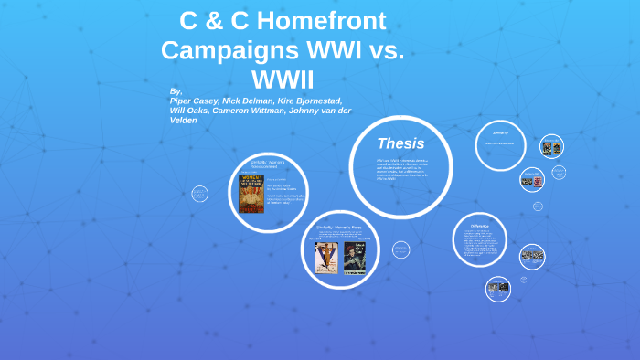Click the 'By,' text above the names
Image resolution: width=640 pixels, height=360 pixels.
[x=176, y=91]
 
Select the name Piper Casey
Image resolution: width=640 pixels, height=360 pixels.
[x=195, y=101]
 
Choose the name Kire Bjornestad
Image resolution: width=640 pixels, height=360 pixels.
[x=315, y=101]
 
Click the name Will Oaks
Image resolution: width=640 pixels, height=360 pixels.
[x=188, y=111]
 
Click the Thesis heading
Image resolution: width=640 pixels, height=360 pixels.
[x=400, y=143]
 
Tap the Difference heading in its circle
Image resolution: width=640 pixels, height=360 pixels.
[x=480, y=226]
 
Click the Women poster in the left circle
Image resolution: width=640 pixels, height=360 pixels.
[x=251, y=194]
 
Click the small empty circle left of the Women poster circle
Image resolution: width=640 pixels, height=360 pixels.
[x=199, y=194]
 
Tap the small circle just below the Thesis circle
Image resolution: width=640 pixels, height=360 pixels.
[x=400, y=249]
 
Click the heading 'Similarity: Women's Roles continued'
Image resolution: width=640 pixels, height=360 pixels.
[x=268, y=164]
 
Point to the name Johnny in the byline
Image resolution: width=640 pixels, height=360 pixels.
[x=316, y=111]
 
